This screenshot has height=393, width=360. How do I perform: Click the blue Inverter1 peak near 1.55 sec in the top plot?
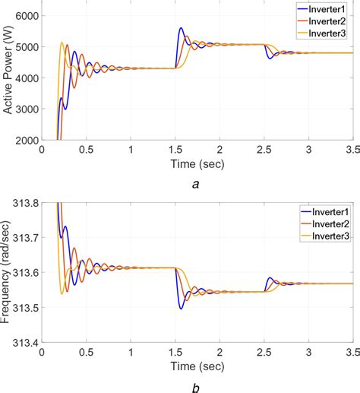click(x=181, y=29)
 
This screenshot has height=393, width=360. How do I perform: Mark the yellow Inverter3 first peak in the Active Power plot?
click(x=62, y=43)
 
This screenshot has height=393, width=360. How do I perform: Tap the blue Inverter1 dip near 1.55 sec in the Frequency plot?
click(x=181, y=308)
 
